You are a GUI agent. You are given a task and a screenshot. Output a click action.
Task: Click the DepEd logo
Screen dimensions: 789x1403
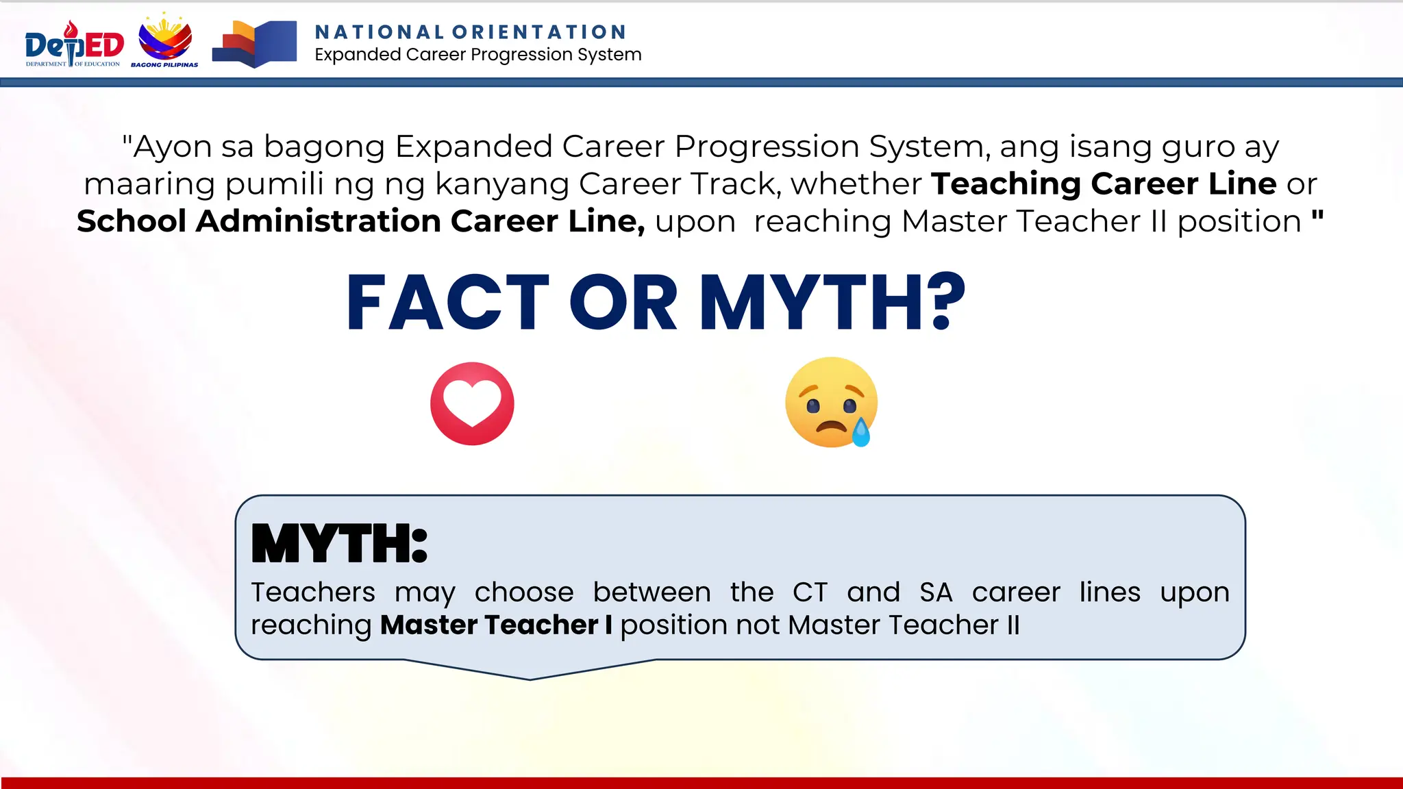pos(74,45)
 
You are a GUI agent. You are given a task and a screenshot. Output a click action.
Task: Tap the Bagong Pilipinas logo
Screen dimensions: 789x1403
pos(165,41)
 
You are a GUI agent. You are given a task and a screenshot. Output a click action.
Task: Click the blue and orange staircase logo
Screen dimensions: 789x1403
pos(254,45)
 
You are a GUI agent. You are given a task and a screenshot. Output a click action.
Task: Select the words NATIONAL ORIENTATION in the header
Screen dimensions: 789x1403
pos(471,32)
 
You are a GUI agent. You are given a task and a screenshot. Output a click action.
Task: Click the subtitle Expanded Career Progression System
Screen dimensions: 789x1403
pos(478,55)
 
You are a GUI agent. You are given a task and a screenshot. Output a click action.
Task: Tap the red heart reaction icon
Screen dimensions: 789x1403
pos(472,403)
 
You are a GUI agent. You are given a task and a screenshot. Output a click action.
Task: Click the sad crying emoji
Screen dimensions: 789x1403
pos(831,402)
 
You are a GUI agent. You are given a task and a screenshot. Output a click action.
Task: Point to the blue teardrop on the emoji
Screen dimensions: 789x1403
pos(861,433)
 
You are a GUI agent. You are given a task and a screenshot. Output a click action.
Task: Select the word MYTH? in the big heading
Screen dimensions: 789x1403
pos(832,302)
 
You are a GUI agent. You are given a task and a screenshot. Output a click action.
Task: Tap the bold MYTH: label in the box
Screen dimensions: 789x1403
pos(339,544)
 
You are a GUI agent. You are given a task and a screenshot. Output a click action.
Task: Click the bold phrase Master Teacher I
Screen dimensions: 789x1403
pos(496,625)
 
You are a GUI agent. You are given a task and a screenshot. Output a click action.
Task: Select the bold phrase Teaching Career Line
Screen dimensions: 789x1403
pos(1104,184)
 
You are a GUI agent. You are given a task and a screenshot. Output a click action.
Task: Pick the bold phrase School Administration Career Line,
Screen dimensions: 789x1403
pos(360,221)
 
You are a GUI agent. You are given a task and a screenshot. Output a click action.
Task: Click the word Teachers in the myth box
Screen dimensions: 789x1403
pos(313,592)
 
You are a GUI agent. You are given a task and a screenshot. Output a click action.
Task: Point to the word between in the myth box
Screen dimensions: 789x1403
pos(651,592)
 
